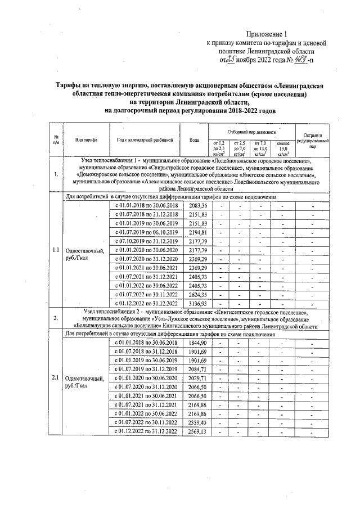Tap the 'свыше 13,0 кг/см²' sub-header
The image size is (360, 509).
(283, 149)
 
